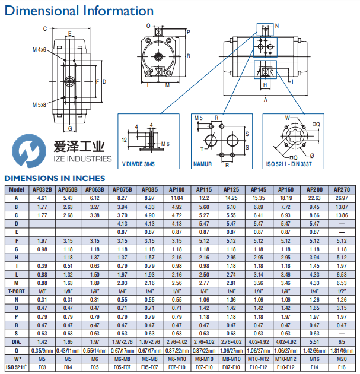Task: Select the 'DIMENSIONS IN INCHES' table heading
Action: coord(55,178)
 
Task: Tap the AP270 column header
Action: coord(342,189)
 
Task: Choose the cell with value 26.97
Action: coord(342,198)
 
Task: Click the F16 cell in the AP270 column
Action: coord(342,369)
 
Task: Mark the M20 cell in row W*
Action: coord(342,360)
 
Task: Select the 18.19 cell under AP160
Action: coord(285,198)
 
